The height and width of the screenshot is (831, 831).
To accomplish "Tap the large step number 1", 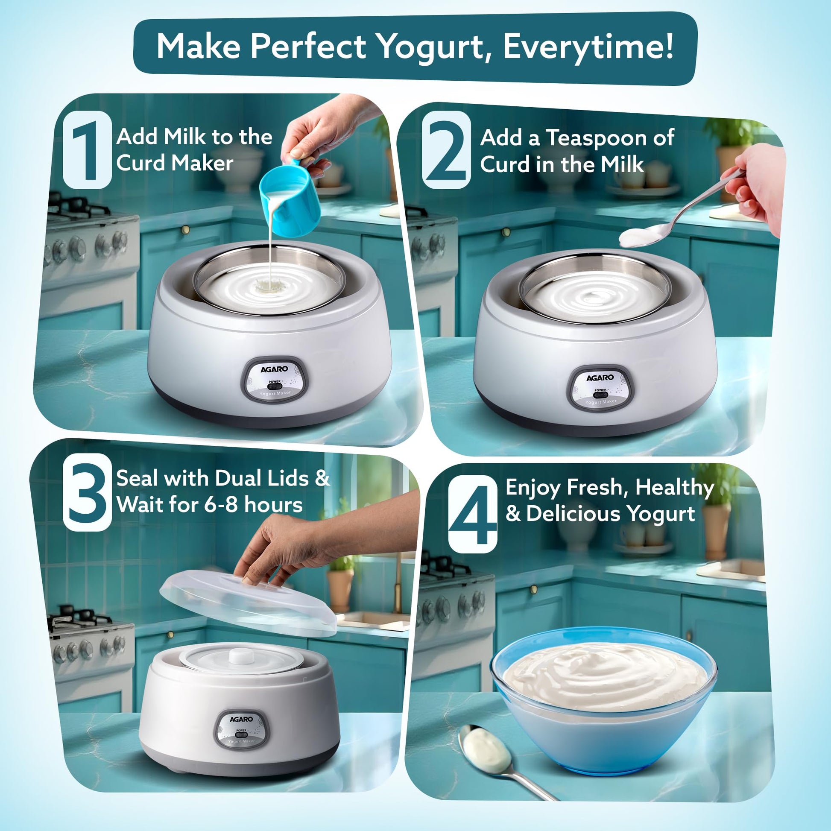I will tap(87, 151).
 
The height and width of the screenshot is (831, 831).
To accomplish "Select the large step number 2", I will tap(447, 151).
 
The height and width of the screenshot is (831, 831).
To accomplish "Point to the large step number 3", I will tap(87, 492).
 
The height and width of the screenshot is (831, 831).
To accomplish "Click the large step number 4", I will tap(472, 514).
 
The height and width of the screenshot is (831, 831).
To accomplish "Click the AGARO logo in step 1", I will tap(274, 369).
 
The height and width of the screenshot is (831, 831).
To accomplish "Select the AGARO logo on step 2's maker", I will tap(600, 377).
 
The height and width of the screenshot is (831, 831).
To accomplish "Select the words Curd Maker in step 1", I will tap(174, 164).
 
